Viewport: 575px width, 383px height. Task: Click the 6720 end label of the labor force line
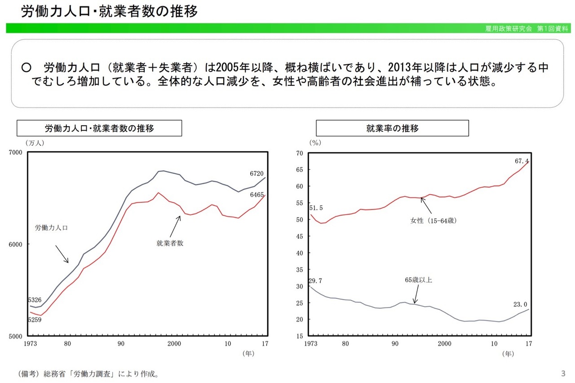pos(257,174)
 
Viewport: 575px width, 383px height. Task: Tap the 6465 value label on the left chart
pos(257,195)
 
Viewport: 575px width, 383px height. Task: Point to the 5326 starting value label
pos(35,300)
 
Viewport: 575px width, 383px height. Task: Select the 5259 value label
pos(35,320)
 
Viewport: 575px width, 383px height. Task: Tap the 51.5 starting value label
pos(316,208)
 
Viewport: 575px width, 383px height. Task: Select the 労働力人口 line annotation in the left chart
pos(51,228)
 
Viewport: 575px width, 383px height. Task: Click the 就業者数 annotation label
pos(170,243)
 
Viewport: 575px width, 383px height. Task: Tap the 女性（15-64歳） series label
pos(435,221)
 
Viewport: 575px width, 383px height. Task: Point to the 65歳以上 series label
pos(418,280)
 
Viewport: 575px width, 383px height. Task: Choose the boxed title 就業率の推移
pos(392,129)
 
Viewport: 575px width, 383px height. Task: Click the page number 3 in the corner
pos(563,373)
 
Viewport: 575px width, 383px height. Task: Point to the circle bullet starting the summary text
pos(26,68)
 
